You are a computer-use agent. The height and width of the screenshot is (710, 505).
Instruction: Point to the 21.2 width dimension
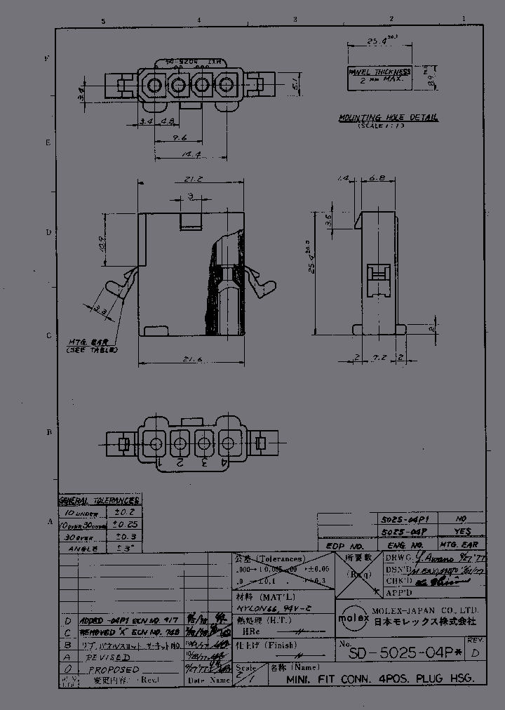pos(194,180)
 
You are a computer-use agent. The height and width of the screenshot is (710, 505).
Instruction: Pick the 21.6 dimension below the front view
pos(191,359)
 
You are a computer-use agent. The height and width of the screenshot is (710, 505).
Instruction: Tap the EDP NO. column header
pos(346,545)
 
